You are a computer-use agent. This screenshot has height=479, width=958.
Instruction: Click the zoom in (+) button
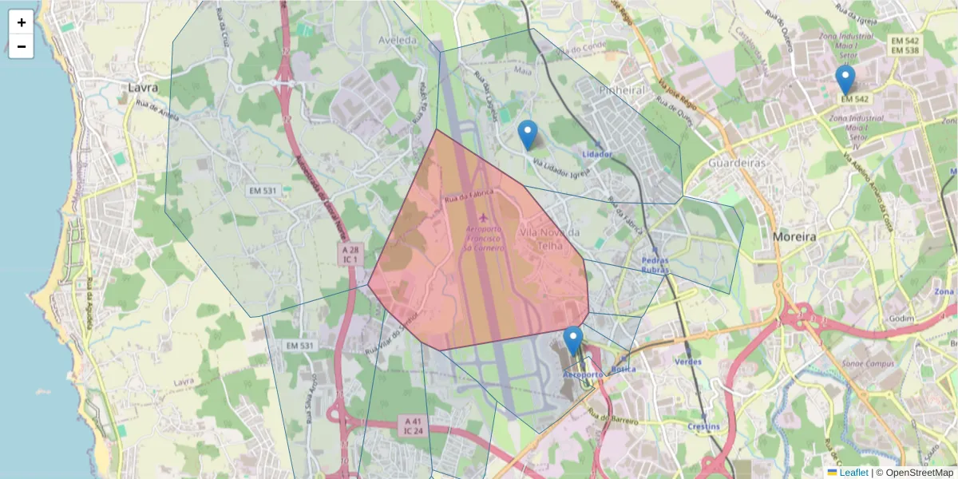click(x=22, y=22)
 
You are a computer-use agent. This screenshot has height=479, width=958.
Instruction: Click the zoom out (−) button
click(x=22, y=46)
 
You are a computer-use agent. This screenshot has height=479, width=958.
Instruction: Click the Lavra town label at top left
click(x=143, y=87)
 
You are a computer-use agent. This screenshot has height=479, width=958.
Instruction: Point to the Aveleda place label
click(x=398, y=39)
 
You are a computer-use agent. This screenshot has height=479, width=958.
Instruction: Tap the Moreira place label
click(x=794, y=237)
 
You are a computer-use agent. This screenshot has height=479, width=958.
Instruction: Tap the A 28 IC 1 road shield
click(x=351, y=255)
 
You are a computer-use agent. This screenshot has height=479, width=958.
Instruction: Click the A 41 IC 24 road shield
click(x=413, y=426)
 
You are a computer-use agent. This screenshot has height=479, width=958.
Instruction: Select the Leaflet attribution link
click(x=853, y=473)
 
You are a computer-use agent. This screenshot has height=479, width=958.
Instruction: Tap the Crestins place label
click(x=703, y=426)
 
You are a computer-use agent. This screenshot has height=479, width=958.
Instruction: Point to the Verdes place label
click(x=688, y=362)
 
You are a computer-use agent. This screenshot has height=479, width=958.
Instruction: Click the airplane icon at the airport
click(x=484, y=217)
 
